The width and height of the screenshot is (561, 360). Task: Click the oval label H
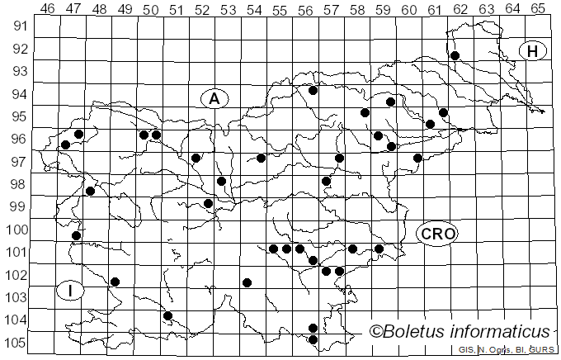tap(533, 51)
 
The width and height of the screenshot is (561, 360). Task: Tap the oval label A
tap(214, 98)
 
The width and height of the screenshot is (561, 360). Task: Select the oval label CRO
tap(436, 234)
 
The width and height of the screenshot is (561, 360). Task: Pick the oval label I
tap(71, 291)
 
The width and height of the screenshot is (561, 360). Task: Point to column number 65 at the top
tap(538, 9)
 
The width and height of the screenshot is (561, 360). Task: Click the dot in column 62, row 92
tap(455, 55)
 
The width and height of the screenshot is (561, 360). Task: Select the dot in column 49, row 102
tap(115, 282)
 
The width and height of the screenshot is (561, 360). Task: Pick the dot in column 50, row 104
tap(167, 315)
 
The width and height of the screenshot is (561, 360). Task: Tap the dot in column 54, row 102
tap(247, 282)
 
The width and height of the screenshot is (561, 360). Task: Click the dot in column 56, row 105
tap(313, 339)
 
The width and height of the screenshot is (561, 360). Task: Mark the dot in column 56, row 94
tap(313, 90)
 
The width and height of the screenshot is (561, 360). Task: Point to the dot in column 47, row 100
tap(76, 235)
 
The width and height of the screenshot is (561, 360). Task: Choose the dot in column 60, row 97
tap(417, 158)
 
